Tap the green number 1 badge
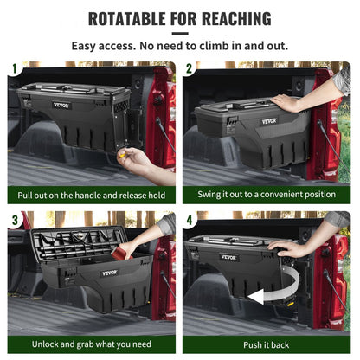click(x=13, y=68)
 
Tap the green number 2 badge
click(x=190, y=68)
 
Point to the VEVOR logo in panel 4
click(x=228, y=257)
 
